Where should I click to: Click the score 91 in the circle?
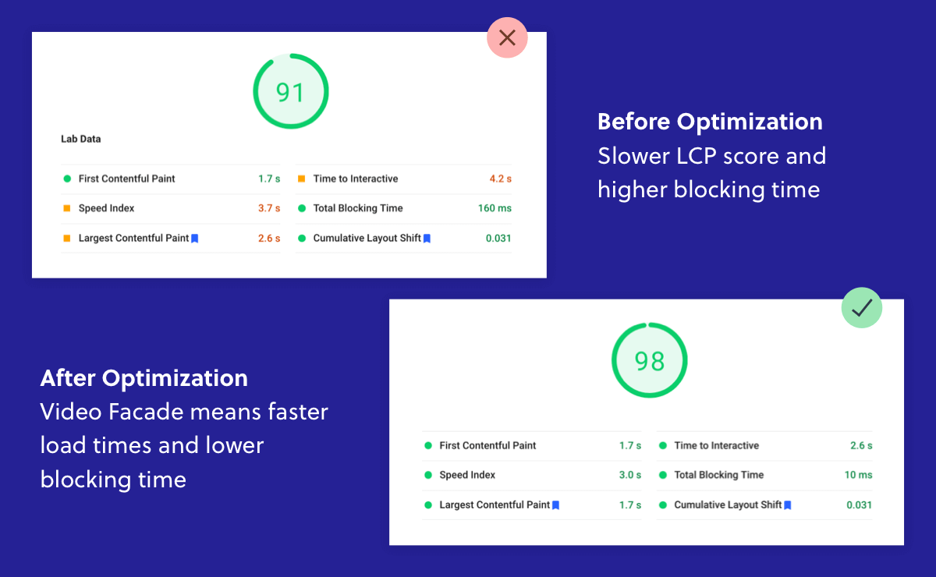[289, 92]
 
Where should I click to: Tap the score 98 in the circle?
[649, 362]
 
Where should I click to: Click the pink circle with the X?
[507, 37]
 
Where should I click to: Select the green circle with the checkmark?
[862, 307]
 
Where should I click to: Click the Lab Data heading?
[80, 139]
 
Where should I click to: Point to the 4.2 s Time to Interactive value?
[501, 179]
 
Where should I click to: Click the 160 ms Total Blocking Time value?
[495, 208]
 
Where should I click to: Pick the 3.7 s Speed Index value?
[269, 208]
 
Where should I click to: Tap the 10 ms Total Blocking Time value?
[858, 475]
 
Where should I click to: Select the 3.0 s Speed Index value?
[630, 475]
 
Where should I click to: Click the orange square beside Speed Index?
[67, 208]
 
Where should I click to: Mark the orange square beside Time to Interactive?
[301, 179]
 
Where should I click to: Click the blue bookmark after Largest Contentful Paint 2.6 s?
[195, 238]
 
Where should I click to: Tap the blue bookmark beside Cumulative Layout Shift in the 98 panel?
[788, 505]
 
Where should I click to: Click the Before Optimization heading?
[710, 122]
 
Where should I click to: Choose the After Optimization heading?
[144, 378]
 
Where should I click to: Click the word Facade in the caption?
[148, 412]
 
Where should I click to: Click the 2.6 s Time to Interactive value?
[861, 445]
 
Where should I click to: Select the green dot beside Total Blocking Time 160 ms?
[302, 208]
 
